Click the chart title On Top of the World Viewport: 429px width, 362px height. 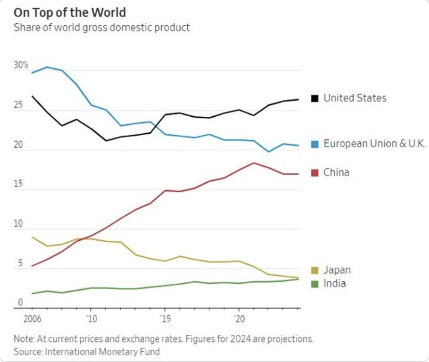tap(70, 12)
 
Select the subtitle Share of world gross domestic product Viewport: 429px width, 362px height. tap(102, 28)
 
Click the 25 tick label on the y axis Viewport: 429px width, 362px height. tap(19, 106)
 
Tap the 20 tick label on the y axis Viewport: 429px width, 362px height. tap(19, 145)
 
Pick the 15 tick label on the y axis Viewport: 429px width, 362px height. tap(18, 185)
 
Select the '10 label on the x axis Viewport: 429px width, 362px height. tap(90, 318)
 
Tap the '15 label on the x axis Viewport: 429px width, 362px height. tap(165, 318)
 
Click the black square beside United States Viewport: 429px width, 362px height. tap(315, 99)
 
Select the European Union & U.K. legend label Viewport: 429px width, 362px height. tap(374, 144)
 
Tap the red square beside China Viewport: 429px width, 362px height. tap(315, 173)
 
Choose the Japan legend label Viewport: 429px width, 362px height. tap(337, 270)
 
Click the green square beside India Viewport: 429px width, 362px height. tap(315, 284)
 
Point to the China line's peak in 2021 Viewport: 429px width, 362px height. tap(253, 163)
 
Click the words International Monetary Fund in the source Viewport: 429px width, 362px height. tap(102, 351)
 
